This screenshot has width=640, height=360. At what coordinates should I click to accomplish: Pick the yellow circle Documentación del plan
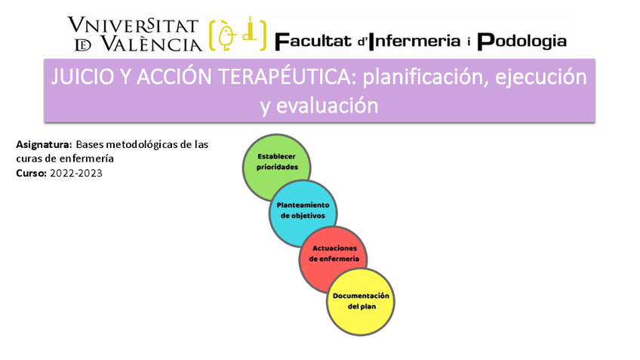point(361,302)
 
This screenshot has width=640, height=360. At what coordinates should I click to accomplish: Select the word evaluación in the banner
point(328,106)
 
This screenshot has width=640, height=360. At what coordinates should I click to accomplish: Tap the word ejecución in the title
point(541,78)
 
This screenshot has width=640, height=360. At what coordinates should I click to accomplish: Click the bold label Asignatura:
point(44,144)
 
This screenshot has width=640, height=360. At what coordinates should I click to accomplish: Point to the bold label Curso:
point(32,173)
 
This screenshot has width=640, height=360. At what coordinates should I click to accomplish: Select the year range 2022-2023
point(76,173)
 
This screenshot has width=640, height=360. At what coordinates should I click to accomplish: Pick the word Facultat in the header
point(313,42)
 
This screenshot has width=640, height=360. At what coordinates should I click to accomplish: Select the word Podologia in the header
point(522,42)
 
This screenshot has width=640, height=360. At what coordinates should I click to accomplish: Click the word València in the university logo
point(152,43)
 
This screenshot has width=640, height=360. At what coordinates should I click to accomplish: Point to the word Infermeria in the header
point(414,42)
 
